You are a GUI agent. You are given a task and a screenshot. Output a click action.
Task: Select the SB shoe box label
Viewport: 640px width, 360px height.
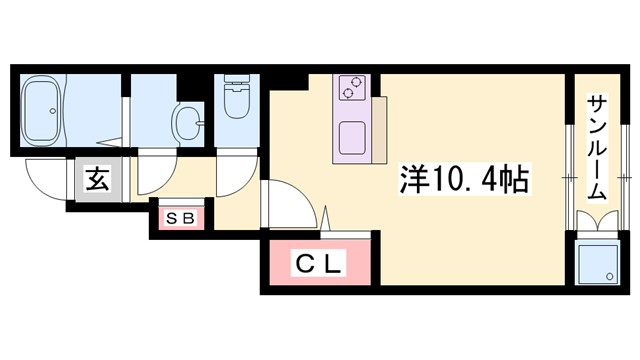coord(179,218)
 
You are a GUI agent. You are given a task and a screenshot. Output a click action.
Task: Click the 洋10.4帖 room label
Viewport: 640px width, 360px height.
coord(465,181)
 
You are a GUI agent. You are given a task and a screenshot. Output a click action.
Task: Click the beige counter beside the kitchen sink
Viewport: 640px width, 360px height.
coord(378,130)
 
